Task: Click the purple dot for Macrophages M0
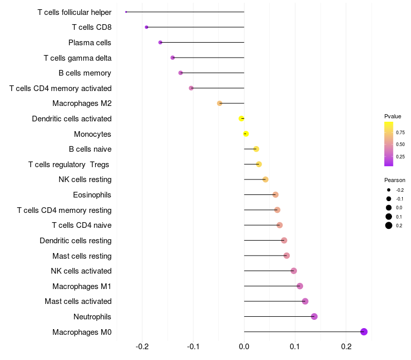[364, 332]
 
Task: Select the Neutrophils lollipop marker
[314, 317]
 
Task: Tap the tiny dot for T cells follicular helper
[126, 12]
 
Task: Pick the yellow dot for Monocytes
[246, 134]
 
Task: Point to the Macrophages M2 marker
[220, 103]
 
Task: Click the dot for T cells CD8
[147, 27]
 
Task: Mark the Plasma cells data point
[160, 43]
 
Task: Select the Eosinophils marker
[275, 195]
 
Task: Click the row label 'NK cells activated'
[81, 271]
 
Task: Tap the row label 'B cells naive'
[90, 149]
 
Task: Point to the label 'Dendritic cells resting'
[76, 241]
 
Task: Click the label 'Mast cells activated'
[78, 301]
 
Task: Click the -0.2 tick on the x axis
[142, 347]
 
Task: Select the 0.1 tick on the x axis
[295, 347]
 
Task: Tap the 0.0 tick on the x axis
[244, 347]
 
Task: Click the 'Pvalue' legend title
[393, 116]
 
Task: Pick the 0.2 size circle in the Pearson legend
[389, 225]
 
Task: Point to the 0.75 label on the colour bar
[400, 132]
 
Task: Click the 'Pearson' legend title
[395, 180]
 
